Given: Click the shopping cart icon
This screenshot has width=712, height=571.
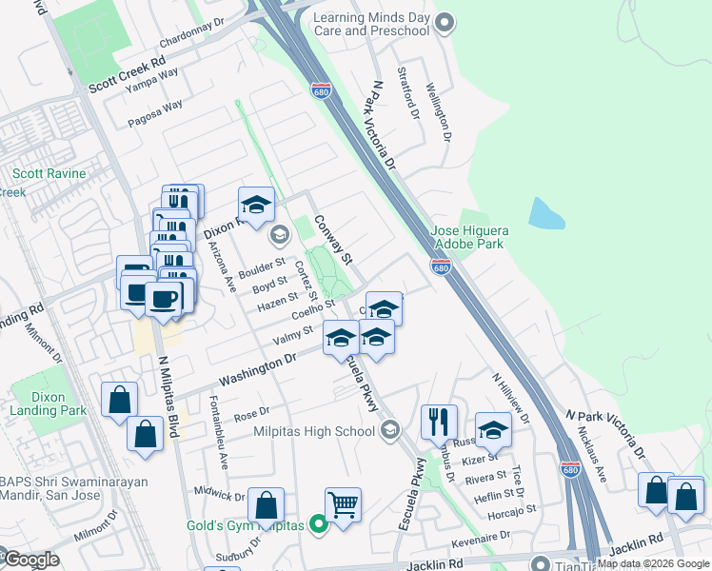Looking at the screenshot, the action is [x=343, y=503].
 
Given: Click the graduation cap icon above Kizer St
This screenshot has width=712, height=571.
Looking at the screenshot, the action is [x=493, y=429].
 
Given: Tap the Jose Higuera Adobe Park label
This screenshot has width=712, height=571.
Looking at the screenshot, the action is [x=470, y=237].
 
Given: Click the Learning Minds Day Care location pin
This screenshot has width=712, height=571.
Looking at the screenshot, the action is [x=445, y=24].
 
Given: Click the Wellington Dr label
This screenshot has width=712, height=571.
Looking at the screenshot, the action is [x=439, y=111].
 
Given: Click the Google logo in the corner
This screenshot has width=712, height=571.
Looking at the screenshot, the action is [x=30, y=560].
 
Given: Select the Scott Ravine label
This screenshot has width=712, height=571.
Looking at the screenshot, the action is [x=49, y=174].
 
